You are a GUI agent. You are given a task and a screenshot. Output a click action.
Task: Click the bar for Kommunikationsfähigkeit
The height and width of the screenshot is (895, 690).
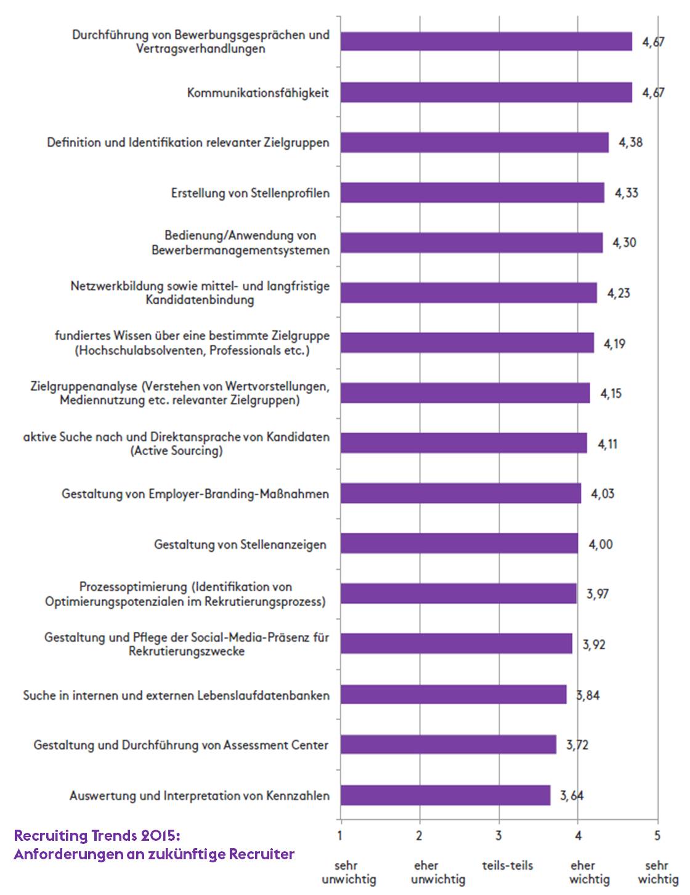(x=486, y=92)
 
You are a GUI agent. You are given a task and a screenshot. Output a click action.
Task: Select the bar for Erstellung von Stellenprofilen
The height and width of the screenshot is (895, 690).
(x=473, y=193)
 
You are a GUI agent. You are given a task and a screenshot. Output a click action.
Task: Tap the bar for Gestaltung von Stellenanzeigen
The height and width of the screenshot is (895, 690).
(x=459, y=544)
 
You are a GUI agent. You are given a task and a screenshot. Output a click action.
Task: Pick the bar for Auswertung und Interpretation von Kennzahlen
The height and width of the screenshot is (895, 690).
(x=445, y=795)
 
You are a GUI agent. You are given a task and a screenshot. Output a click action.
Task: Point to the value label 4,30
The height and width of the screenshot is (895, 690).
(x=624, y=243)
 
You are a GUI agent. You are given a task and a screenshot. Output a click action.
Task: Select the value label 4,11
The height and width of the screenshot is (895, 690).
(x=607, y=443)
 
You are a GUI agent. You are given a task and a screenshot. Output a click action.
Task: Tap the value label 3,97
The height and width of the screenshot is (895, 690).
(x=597, y=594)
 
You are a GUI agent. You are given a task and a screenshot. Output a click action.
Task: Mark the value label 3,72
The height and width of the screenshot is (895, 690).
(x=577, y=745)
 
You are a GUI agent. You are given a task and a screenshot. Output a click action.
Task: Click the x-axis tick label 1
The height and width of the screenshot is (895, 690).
(x=340, y=836)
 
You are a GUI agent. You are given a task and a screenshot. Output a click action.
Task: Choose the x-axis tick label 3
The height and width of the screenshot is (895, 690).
(x=498, y=836)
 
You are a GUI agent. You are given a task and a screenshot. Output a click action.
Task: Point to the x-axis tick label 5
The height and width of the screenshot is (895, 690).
(x=657, y=836)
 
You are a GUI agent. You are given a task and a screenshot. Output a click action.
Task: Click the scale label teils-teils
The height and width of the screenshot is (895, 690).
(x=508, y=865)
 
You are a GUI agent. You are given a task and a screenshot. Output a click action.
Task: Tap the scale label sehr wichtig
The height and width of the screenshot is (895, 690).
(x=657, y=872)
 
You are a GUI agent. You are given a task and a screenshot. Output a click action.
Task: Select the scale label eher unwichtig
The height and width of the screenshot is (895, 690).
(x=438, y=872)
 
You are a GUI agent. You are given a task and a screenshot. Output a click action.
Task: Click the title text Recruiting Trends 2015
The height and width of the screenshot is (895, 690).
(x=97, y=836)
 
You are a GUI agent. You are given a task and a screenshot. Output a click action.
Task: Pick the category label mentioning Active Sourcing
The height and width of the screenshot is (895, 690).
(x=176, y=443)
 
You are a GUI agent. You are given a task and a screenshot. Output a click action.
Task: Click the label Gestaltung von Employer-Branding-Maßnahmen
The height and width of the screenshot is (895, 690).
(x=195, y=494)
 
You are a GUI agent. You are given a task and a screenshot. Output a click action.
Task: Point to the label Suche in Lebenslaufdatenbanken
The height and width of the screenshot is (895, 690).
(x=176, y=695)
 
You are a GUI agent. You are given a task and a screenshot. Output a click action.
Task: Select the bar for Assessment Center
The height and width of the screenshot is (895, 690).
(x=448, y=745)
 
